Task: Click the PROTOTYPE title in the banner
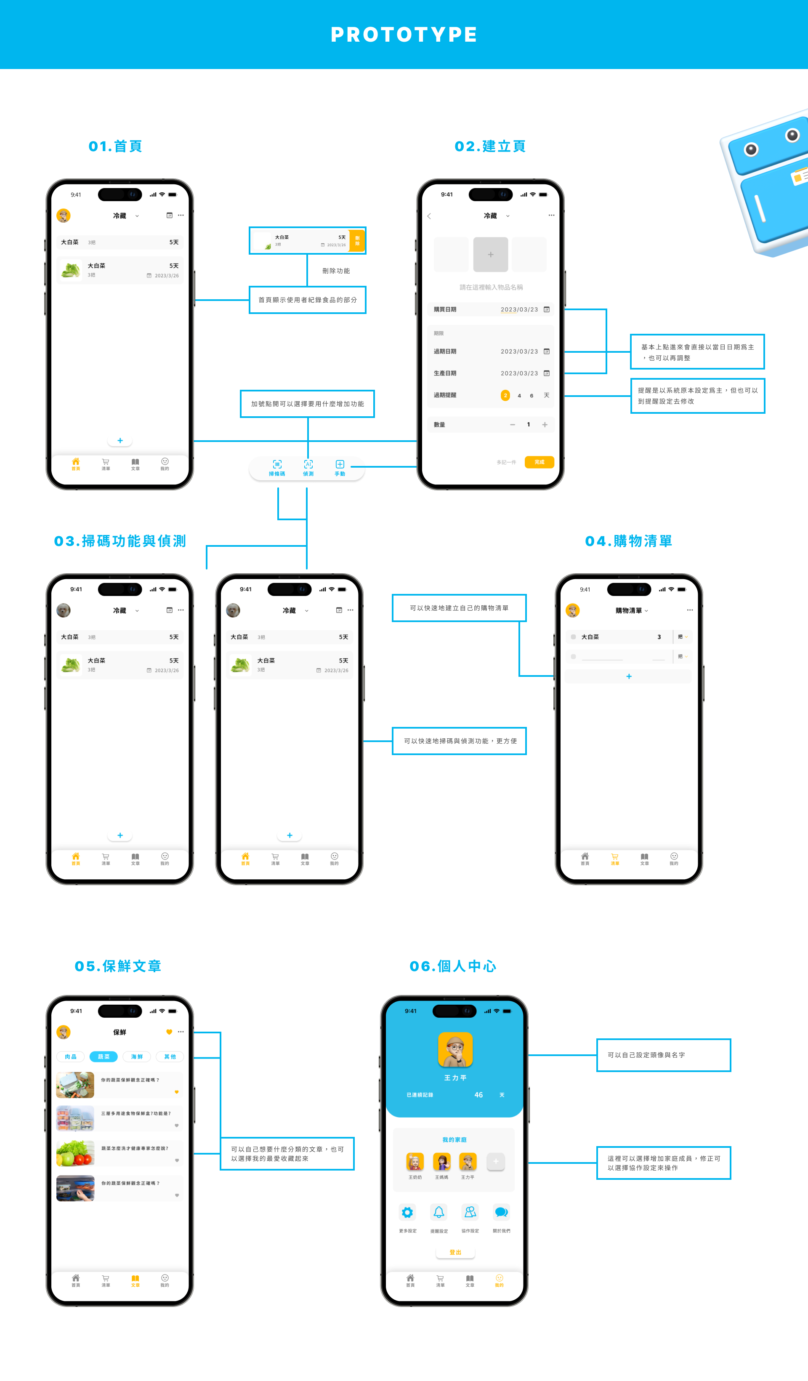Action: click(x=404, y=35)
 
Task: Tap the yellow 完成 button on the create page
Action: click(x=539, y=462)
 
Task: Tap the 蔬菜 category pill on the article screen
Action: click(x=104, y=1056)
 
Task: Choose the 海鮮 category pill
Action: click(x=137, y=1056)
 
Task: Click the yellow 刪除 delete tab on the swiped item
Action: click(x=357, y=241)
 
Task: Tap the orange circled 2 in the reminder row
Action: click(x=505, y=395)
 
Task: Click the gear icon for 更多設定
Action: click(x=407, y=1212)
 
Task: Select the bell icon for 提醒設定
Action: click(x=439, y=1212)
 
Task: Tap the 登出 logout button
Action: click(x=455, y=1252)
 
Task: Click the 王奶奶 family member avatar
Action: click(x=415, y=1161)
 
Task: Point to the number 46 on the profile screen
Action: click(x=478, y=1095)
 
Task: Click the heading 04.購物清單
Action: click(x=628, y=541)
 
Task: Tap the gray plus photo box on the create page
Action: click(x=490, y=254)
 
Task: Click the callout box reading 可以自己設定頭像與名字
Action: click(x=663, y=1055)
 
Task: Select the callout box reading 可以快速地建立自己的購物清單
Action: click(x=459, y=608)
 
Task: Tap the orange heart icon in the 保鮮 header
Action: click(x=169, y=1032)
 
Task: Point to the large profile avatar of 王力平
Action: click(x=455, y=1049)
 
